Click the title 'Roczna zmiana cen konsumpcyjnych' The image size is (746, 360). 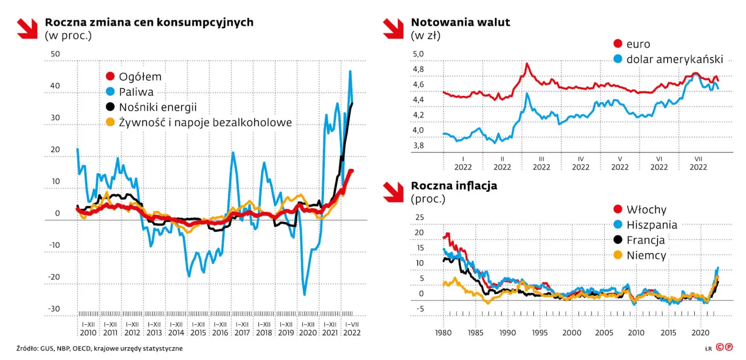pos(149,22)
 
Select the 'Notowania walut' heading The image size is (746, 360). pos(460,22)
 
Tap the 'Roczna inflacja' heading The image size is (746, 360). pos(454,186)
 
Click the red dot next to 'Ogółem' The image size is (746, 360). pos(110,77)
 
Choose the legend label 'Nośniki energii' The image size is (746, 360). pos(158,107)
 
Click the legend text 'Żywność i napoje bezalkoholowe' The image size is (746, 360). pos(205,122)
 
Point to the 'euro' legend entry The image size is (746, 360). pos(638,44)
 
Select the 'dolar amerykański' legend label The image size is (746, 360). pos(674,59)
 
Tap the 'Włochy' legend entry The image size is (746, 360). pos(646,210)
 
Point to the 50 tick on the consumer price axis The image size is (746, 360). pos(55,54)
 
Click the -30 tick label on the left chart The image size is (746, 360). pos(55,309)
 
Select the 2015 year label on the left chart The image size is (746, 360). pos(198,333)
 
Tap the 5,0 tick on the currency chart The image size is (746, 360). pos(418,54)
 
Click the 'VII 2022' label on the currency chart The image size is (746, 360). pos(698,162)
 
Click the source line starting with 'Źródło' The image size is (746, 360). pos(100,348)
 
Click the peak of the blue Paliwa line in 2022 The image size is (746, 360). pos(350,71)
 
